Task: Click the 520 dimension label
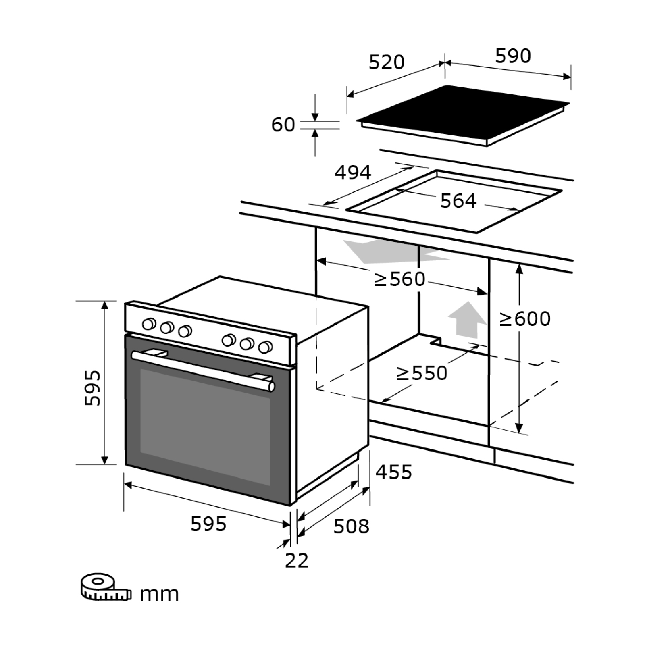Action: pos(387,62)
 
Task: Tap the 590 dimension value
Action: pos(513,56)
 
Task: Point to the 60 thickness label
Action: pos(283,125)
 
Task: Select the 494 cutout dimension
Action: pos(353,173)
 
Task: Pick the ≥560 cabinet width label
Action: pos(400,279)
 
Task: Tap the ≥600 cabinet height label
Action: pos(525,319)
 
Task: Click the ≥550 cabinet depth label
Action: pos(422,373)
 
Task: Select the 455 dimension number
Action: pos(394,472)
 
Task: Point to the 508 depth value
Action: pos(351,526)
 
